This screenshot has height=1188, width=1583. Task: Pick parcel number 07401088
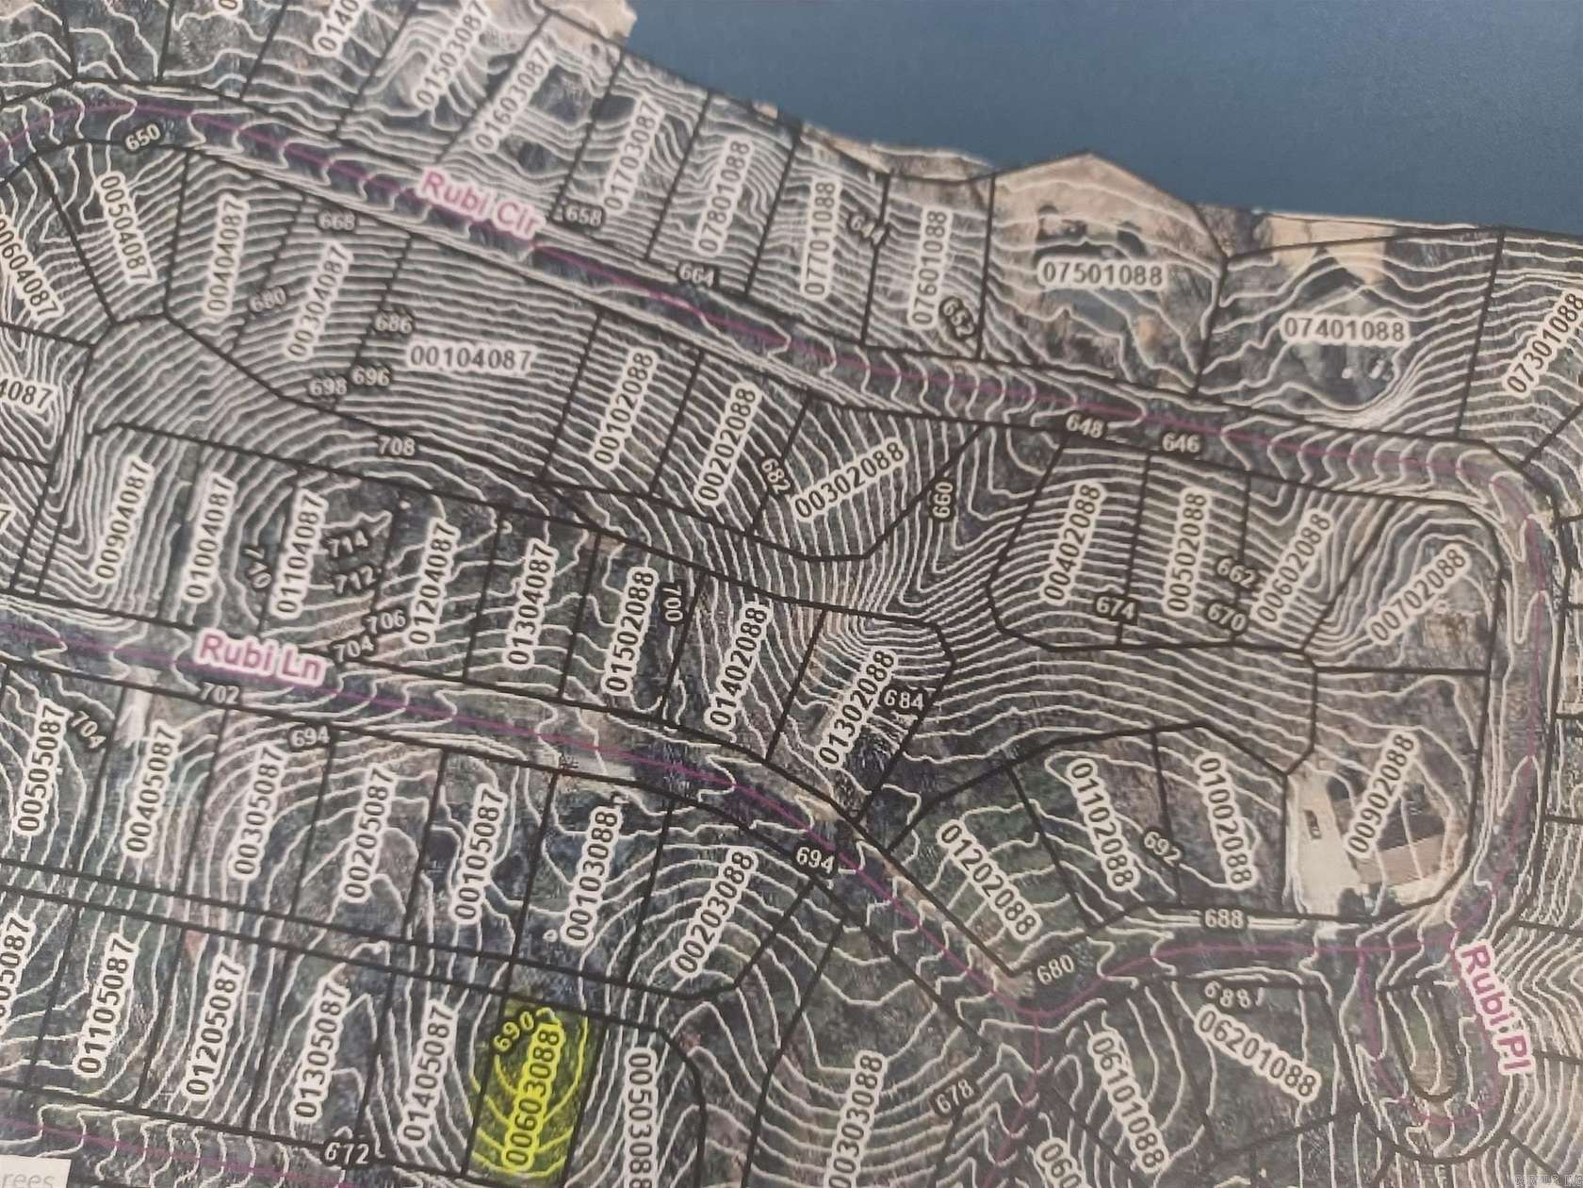tap(1344, 331)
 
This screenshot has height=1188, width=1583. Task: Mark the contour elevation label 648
tap(1085, 428)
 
